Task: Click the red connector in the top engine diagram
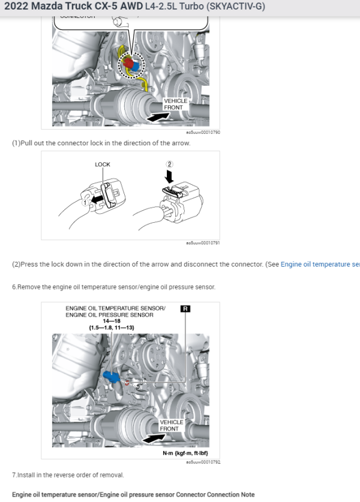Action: coord(127,62)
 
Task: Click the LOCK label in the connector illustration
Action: coord(103,164)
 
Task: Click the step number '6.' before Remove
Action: coord(14,287)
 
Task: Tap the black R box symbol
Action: coord(185,309)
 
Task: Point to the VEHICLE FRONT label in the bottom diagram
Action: coord(172,425)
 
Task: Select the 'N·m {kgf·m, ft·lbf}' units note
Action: coord(185,453)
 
